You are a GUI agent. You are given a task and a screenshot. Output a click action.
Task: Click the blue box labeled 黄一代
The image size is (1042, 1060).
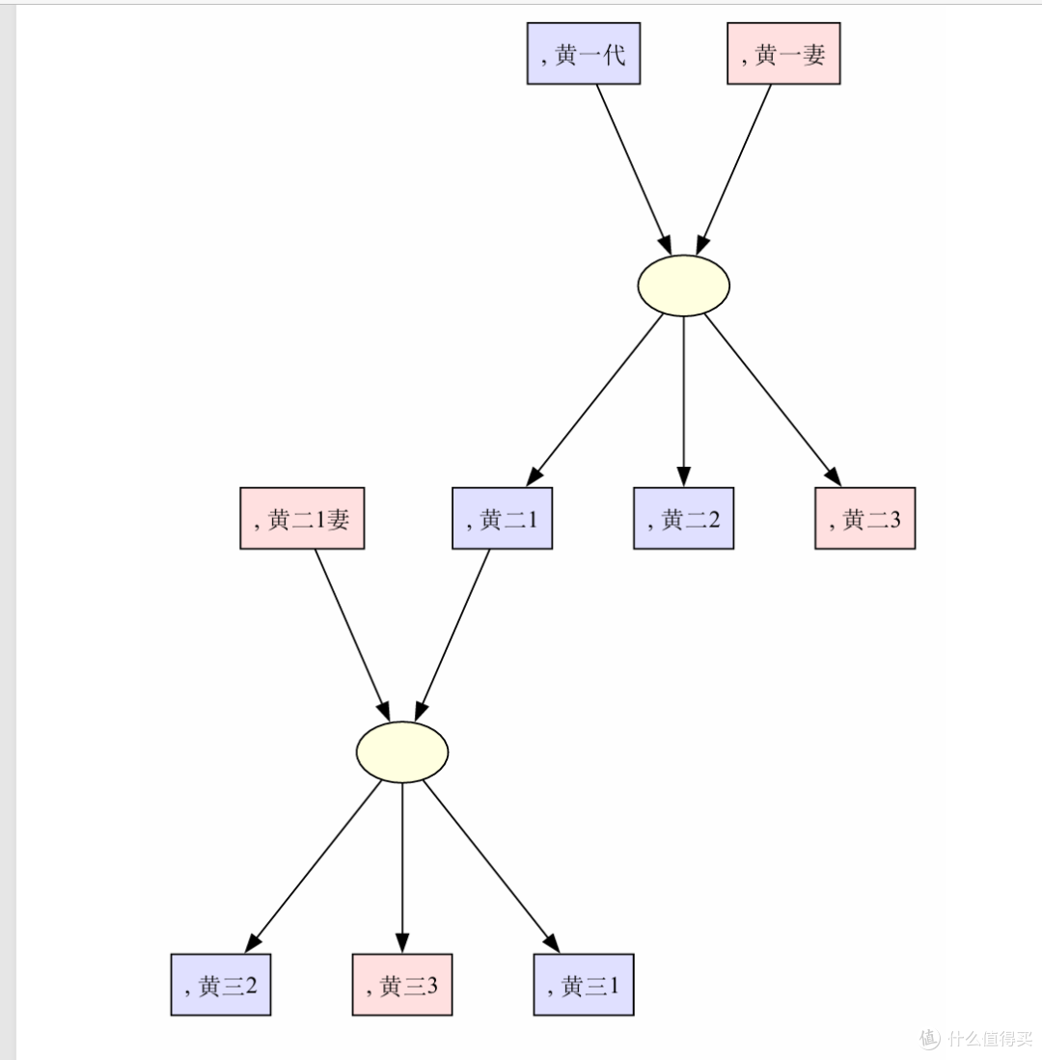(x=584, y=53)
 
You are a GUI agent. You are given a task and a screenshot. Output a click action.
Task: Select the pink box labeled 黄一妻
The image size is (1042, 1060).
(x=783, y=53)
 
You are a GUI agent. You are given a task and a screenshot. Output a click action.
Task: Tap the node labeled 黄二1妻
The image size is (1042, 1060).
(x=302, y=518)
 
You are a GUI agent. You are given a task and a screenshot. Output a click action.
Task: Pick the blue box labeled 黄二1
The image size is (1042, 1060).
(x=503, y=518)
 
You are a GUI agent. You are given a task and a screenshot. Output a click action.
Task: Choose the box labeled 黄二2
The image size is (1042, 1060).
(x=684, y=518)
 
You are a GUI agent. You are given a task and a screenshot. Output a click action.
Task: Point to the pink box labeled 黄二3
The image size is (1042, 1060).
(x=864, y=518)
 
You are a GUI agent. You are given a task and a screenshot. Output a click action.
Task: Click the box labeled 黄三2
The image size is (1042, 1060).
(x=221, y=984)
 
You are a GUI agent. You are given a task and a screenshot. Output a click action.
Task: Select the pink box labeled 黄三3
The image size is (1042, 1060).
(x=402, y=984)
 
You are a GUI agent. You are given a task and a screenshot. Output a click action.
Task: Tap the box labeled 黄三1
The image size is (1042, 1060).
(x=584, y=984)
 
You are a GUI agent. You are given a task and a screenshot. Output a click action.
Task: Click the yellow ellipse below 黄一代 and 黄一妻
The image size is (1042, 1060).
(x=684, y=285)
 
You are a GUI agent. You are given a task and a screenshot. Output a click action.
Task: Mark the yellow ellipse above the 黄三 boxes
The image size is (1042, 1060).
(x=402, y=751)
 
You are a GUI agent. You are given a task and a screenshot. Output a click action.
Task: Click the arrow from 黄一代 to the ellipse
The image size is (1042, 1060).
(x=634, y=170)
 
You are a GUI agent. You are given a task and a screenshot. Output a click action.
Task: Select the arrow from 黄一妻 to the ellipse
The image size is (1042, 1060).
(x=733, y=170)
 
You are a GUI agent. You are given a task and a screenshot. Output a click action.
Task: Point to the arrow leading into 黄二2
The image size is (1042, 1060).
(x=684, y=401)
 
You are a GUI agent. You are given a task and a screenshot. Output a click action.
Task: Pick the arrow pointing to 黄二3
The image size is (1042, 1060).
(x=773, y=400)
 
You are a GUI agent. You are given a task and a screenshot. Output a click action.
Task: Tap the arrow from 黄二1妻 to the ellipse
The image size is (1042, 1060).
(x=352, y=636)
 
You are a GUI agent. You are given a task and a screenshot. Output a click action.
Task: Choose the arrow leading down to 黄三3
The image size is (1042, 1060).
(x=402, y=868)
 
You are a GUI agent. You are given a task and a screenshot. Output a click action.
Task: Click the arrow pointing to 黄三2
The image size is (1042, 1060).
(x=313, y=867)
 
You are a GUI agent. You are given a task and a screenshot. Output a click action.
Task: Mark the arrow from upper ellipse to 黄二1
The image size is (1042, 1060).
(x=594, y=400)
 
